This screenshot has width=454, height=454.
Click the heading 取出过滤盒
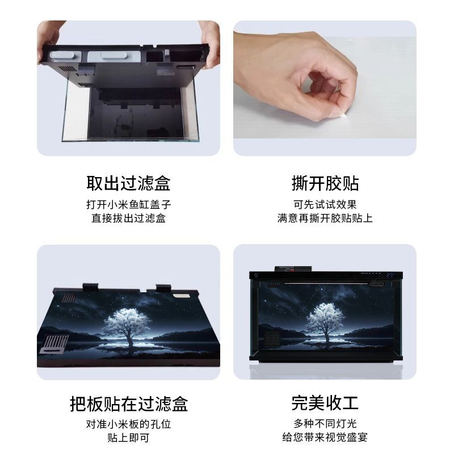click(128, 183)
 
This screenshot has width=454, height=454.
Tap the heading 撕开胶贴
click(325, 183)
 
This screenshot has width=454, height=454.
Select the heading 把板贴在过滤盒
click(129, 404)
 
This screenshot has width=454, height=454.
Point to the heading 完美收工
click(325, 403)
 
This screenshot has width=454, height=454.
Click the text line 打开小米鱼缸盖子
click(129, 205)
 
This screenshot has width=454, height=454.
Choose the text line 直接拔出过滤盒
click(129, 218)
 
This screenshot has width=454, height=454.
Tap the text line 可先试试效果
click(325, 205)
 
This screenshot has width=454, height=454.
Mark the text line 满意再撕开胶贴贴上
click(325, 218)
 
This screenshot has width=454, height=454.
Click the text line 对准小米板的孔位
click(129, 424)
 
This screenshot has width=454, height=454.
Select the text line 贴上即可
click(129, 438)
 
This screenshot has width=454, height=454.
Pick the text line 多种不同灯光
click(325, 423)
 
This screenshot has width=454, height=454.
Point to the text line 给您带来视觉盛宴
click(325, 437)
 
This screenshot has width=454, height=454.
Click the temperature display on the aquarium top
click(390, 275)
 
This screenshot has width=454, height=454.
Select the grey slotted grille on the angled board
click(54, 344)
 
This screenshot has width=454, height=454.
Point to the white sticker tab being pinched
click(344, 115)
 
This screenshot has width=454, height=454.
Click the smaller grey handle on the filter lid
click(61, 55)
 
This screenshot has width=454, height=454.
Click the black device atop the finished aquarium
click(293, 269)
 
